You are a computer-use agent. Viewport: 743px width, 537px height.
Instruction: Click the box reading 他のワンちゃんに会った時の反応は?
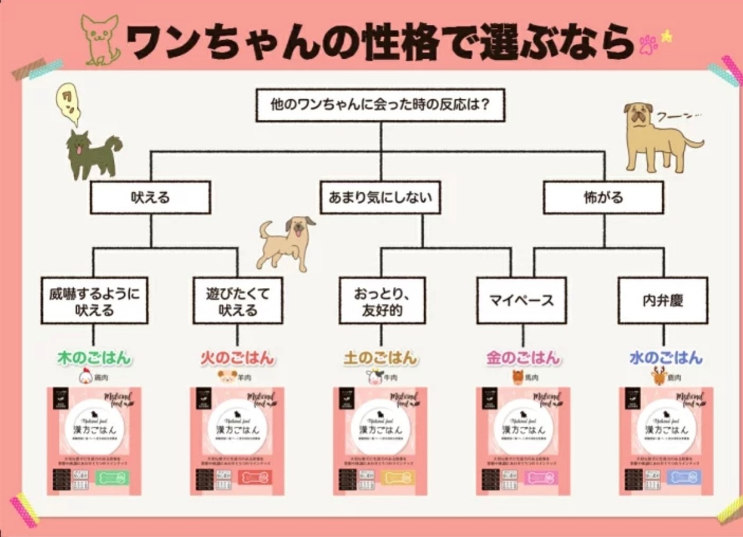click(x=380, y=105)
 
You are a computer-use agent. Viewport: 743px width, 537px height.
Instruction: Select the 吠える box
click(x=150, y=197)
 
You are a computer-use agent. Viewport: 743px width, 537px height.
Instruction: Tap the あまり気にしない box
click(x=380, y=197)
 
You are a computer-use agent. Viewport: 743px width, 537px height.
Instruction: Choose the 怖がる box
click(x=603, y=197)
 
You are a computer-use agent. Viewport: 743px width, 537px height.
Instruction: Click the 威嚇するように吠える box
click(x=95, y=301)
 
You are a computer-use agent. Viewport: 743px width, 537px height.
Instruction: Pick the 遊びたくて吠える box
click(x=237, y=301)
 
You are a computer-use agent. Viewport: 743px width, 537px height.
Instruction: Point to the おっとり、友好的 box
click(x=382, y=301)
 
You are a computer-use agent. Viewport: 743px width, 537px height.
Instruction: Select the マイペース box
click(x=521, y=301)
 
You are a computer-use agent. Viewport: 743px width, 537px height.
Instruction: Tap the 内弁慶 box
click(x=663, y=301)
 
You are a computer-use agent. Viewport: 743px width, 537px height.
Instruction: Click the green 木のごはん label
click(x=95, y=358)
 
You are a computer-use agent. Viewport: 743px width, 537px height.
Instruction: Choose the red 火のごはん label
click(x=237, y=358)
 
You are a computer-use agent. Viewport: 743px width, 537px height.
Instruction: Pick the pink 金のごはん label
click(x=523, y=358)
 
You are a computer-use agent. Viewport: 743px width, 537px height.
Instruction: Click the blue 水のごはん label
click(x=666, y=358)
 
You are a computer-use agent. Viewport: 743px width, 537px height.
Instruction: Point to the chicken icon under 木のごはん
click(x=86, y=377)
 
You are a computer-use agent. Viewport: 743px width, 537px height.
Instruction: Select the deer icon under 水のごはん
click(x=659, y=377)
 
